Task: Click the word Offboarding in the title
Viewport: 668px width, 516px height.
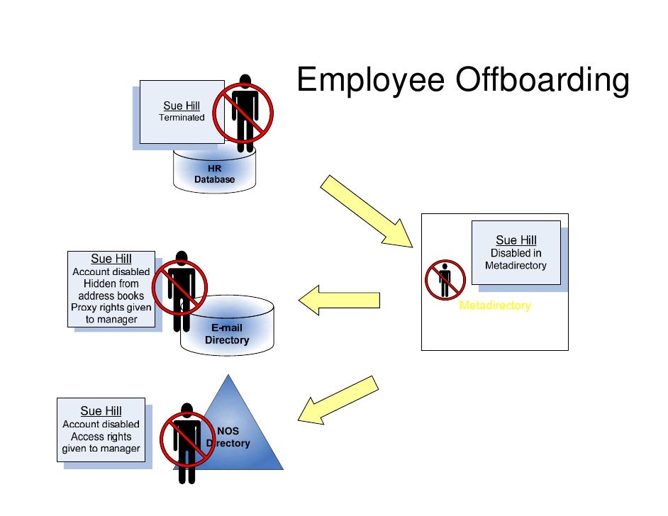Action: (x=542, y=81)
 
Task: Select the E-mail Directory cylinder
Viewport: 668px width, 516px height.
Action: (x=227, y=335)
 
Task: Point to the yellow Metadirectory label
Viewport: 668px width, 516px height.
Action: (x=495, y=306)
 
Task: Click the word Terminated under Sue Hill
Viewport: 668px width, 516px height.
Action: (x=182, y=118)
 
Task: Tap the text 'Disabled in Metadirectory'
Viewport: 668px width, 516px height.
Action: (x=516, y=259)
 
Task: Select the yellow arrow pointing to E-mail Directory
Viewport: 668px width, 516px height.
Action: (x=338, y=300)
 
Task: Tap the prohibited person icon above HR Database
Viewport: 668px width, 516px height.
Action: (x=243, y=113)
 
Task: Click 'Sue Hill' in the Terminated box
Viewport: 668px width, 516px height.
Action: (x=182, y=106)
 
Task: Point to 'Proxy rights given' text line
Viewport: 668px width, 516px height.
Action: (x=111, y=308)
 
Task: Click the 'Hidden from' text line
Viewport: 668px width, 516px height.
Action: (x=111, y=284)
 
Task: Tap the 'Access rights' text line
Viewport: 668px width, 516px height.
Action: (x=101, y=437)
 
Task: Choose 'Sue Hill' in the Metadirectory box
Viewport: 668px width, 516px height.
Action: (x=516, y=240)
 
